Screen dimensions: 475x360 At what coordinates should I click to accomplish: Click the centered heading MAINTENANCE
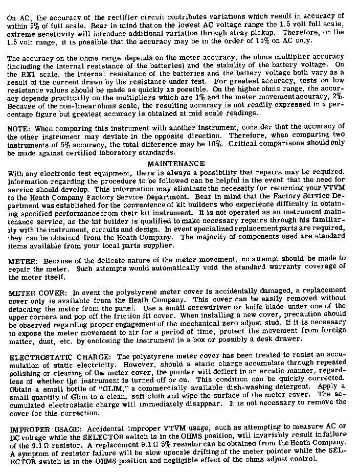[x=176, y=164]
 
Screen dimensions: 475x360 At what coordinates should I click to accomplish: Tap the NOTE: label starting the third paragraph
[x=18, y=126]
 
